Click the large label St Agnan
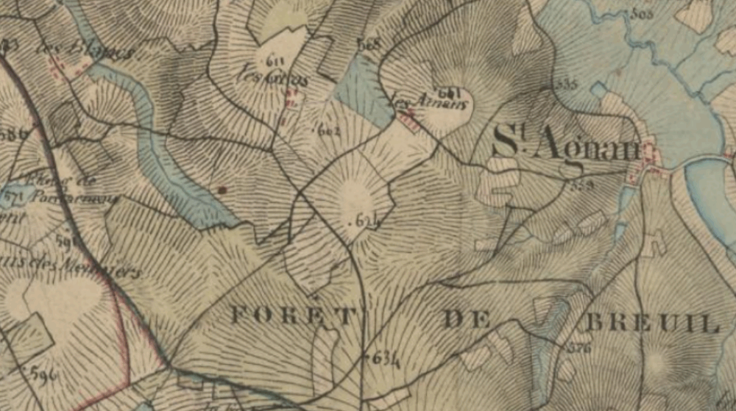[x=565, y=143]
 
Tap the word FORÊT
[x=293, y=316]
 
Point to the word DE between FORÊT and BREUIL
[x=468, y=319]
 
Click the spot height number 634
[x=386, y=358]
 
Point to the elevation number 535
[x=567, y=83]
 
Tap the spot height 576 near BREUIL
[x=579, y=348]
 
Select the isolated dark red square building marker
[x=222, y=190]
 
